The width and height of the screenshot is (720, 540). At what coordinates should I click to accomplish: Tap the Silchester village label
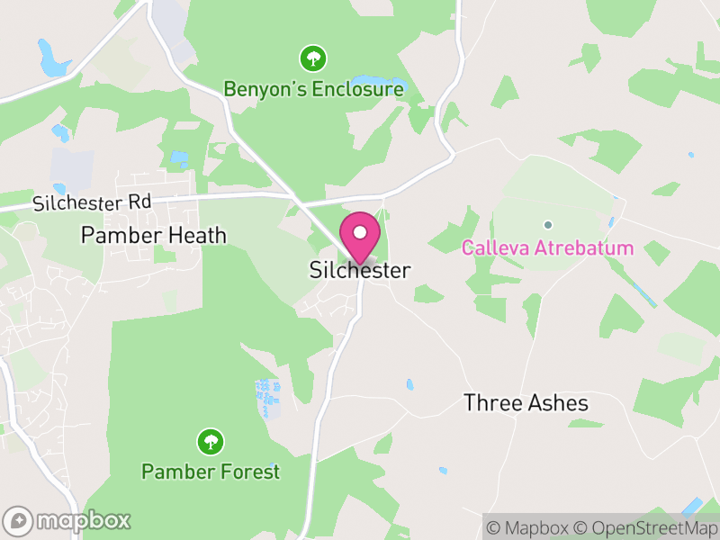pos(360,270)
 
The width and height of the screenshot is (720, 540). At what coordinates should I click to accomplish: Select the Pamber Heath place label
pos(153,236)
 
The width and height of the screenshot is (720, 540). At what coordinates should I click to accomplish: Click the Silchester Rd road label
pos(92,202)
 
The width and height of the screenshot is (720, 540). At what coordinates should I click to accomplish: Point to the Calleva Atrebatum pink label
pos(547,247)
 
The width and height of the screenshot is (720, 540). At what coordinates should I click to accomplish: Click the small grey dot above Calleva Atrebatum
pos(547,224)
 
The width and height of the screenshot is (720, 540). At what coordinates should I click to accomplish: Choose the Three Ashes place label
pos(526,403)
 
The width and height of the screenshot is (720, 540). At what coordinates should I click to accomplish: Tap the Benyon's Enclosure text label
pos(313,90)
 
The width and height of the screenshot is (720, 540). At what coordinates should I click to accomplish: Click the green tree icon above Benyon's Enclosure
pos(313,59)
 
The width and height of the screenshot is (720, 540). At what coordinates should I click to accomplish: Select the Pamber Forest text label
pos(211,471)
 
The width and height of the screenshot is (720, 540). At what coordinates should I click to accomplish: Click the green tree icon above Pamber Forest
pos(211,441)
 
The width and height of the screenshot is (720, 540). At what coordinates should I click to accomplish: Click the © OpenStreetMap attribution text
pos(647,527)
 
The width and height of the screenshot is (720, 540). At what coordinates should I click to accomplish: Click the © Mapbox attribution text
pos(528,527)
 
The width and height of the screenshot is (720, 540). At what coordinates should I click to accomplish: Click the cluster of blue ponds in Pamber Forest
pos(266,397)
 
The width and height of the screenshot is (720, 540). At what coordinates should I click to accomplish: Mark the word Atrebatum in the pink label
pos(589,247)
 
